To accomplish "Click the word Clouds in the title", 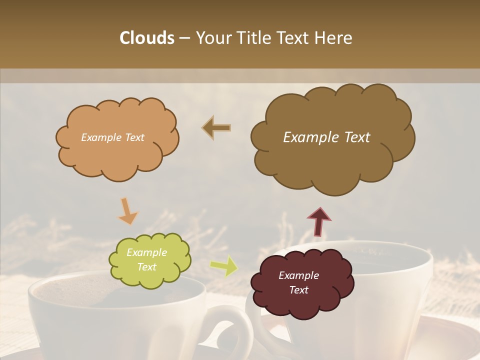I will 147,38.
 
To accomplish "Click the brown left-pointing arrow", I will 216,128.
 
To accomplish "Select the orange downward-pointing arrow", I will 127,211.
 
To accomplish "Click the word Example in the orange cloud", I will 99,137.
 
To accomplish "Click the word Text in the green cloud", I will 147,267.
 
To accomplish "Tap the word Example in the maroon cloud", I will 298,275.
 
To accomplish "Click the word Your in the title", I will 211,38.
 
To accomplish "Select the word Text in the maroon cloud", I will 298,290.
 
